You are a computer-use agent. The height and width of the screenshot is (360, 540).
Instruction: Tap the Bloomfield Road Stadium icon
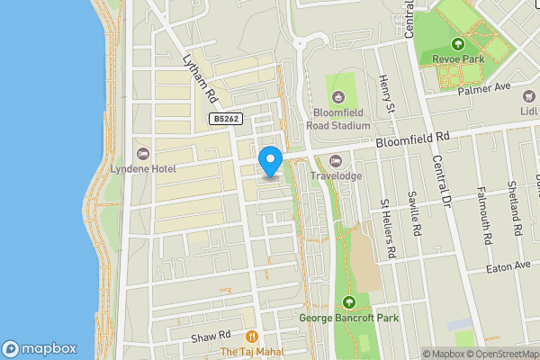(x=337, y=97)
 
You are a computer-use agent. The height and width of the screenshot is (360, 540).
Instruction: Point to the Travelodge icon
(x=337, y=161)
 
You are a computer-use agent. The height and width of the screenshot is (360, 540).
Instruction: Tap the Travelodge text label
(x=337, y=176)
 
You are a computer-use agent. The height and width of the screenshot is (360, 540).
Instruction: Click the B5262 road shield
(x=225, y=119)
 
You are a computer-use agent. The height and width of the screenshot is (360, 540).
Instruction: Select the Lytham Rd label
(x=199, y=78)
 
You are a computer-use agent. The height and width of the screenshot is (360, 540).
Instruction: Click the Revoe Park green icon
(x=458, y=43)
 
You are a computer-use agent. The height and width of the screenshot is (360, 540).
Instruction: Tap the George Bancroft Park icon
(x=349, y=302)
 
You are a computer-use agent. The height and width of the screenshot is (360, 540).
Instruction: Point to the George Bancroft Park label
(x=349, y=318)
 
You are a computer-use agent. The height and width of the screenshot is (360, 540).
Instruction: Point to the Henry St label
(x=387, y=95)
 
